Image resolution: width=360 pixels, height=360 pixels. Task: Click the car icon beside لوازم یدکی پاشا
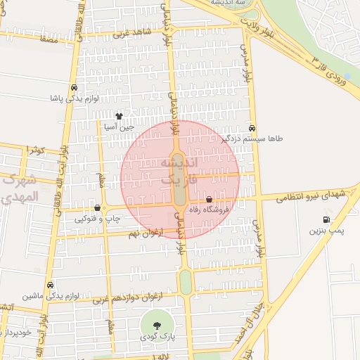point(74,88)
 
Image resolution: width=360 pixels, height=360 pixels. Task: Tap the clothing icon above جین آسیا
point(119,116)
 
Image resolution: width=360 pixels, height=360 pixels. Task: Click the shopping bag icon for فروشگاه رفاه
point(210,200)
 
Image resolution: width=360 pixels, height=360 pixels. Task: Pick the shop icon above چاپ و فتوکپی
point(97,207)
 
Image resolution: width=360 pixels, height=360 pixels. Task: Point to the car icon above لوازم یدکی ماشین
point(50,285)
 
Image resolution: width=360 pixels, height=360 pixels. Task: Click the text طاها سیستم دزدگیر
point(249,139)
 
